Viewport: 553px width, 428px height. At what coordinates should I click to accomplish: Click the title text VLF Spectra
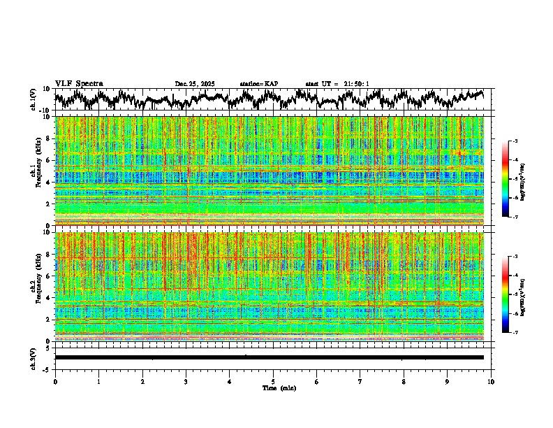tap(79, 84)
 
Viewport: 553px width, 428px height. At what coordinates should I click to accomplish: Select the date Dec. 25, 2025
tap(195, 84)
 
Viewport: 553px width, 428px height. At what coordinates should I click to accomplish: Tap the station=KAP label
tap(258, 84)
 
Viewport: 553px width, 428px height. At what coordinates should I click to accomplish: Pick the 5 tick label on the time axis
tap(273, 381)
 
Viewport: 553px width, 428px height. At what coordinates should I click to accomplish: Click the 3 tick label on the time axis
tap(186, 381)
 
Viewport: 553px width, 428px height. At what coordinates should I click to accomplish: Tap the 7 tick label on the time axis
tap(360, 381)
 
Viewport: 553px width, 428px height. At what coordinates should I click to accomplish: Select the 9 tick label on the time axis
tap(448, 381)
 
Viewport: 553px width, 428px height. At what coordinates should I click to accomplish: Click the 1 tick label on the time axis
tap(98, 381)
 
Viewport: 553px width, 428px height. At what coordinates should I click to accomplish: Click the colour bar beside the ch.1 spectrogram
tap(505, 179)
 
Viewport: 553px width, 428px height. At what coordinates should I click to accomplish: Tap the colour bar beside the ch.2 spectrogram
tap(505, 294)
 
